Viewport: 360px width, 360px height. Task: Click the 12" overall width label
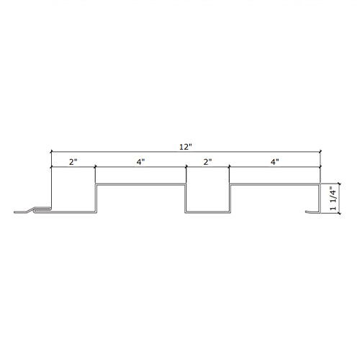[186, 147]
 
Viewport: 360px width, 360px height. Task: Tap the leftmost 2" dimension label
[73, 162]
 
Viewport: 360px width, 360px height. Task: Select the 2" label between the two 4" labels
[208, 162]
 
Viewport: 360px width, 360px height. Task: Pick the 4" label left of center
[141, 162]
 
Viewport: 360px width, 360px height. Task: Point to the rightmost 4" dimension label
[275, 162]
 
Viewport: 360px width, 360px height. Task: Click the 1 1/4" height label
[333, 198]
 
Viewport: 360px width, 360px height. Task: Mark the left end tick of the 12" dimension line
[51, 152]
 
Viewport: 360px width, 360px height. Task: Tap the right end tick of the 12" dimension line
[320, 152]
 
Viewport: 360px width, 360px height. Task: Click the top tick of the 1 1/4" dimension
[339, 184]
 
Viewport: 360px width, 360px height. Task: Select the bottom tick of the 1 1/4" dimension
[339, 213]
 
